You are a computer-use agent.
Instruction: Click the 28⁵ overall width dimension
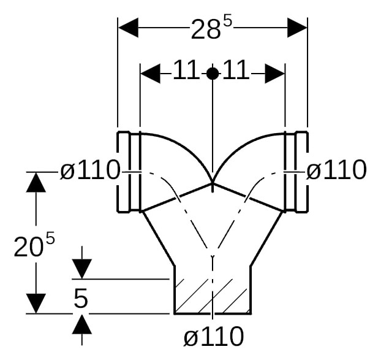211,28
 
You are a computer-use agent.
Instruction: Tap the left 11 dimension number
185,70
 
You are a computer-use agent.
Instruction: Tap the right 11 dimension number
236,70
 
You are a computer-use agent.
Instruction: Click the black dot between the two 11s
213,74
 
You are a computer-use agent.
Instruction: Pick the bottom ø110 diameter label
214,337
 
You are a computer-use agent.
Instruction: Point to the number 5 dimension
81,299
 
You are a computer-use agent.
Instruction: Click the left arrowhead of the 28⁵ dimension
128,28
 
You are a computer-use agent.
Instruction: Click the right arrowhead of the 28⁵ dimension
297,28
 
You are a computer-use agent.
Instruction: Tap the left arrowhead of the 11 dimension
151,73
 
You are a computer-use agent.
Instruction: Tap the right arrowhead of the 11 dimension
274,73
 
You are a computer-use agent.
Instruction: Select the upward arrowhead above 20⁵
36,182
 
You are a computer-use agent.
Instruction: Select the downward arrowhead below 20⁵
36,304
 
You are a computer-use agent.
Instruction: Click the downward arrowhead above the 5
82,269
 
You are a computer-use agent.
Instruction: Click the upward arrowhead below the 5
82,324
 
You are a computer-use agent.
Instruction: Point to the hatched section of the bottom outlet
213,296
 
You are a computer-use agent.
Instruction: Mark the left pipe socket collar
129,172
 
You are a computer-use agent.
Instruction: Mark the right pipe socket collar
296,172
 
